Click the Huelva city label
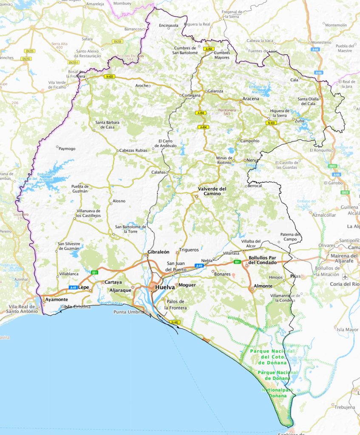(165, 287)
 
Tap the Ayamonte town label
(57, 299)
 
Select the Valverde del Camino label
(212, 191)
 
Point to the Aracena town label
(251, 99)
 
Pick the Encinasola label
(169, 25)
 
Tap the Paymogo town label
(67, 149)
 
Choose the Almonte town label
(263, 286)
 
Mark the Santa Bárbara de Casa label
(107, 124)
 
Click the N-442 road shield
(174, 322)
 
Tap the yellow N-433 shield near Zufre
(271, 123)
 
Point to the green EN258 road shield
(118, 42)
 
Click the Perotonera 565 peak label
(227, 112)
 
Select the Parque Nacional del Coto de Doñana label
(272, 357)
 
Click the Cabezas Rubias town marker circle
(118, 150)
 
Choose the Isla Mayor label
(347, 329)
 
